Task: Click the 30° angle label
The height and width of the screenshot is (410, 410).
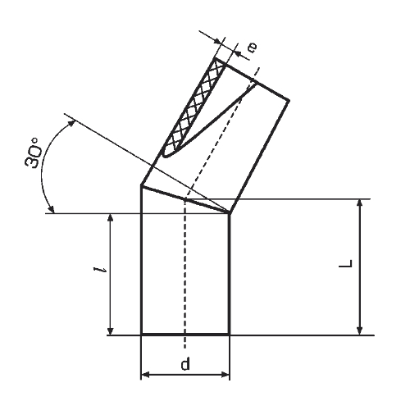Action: coord(34,153)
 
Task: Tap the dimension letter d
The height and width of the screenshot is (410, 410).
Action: coord(185,364)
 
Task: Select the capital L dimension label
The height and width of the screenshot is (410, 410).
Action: coord(346,263)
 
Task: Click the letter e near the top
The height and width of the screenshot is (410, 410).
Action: coord(253,48)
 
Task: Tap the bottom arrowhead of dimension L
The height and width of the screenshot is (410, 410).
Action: coord(360,330)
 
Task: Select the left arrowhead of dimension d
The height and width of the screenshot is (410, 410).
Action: coord(146,375)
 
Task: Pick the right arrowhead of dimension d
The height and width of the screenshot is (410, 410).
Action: coord(225,375)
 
